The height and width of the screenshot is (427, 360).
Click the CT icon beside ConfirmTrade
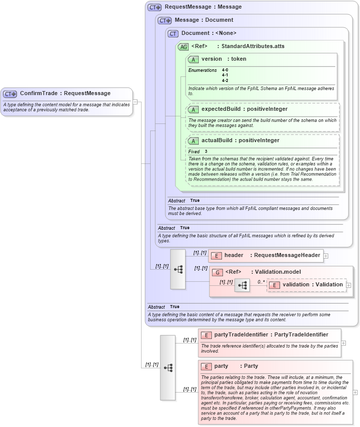point(10,94)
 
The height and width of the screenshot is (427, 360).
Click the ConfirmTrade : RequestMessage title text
point(65,93)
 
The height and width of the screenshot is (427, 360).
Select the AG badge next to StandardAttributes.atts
point(183,47)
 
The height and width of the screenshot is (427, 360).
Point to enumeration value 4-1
point(225,75)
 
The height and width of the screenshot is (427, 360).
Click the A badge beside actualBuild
point(193,141)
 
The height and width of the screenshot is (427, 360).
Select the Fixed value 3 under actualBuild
point(206,151)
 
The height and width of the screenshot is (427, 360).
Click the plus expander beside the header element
point(326,256)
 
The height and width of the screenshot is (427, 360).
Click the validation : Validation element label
point(312,285)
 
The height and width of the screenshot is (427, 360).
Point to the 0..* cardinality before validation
point(261,282)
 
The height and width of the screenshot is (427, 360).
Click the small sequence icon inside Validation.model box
point(242,286)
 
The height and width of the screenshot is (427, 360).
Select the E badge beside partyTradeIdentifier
point(206,335)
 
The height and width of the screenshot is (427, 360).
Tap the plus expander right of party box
point(355,392)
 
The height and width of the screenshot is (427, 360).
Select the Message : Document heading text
point(204,20)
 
